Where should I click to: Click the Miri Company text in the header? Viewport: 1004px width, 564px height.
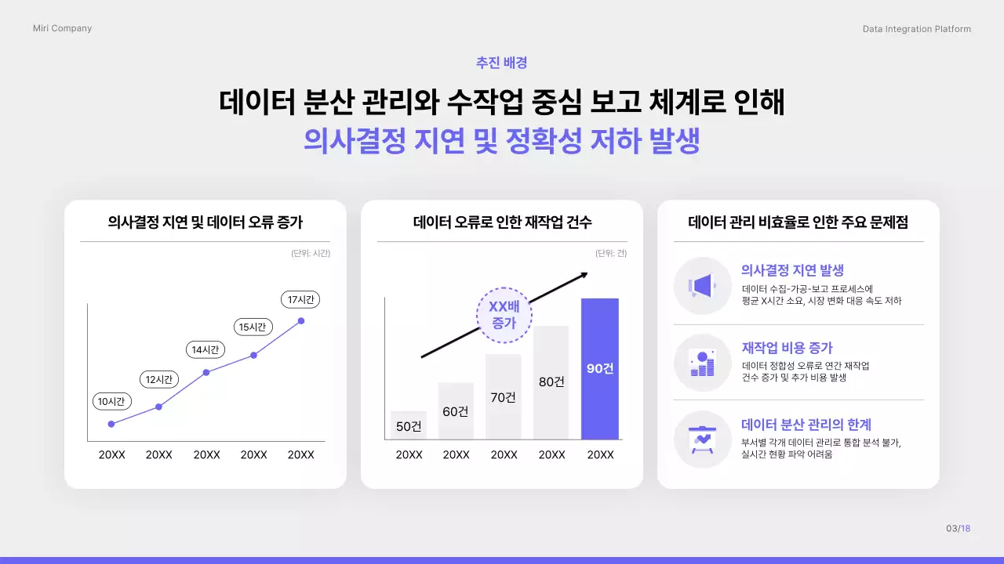click(62, 28)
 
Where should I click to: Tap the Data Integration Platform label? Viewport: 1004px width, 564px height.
click(916, 29)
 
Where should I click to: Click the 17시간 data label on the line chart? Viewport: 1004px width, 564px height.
click(300, 299)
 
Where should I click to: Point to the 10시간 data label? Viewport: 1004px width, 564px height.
click(111, 402)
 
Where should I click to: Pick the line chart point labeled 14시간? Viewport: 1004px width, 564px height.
click(206, 372)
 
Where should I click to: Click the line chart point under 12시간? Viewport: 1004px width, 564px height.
click(158, 407)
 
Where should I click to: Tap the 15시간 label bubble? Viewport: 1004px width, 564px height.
click(253, 327)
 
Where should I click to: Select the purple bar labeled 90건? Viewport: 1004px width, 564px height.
click(599, 368)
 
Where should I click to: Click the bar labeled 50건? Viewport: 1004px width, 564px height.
click(409, 425)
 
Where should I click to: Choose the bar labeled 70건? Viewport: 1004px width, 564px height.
click(503, 396)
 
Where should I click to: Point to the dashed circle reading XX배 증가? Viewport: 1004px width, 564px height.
click(504, 315)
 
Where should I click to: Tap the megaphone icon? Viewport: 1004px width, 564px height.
click(702, 286)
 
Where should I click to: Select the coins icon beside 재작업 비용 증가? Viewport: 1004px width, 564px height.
click(702, 363)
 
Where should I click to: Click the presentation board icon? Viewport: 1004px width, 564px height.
click(702, 439)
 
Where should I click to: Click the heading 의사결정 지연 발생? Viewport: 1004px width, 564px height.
click(792, 270)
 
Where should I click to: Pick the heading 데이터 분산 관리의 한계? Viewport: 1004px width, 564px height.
click(806, 425)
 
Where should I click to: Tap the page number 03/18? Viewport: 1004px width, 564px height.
click(958, 528)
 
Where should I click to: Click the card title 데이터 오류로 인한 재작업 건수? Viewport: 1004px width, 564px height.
click(502, 222)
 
